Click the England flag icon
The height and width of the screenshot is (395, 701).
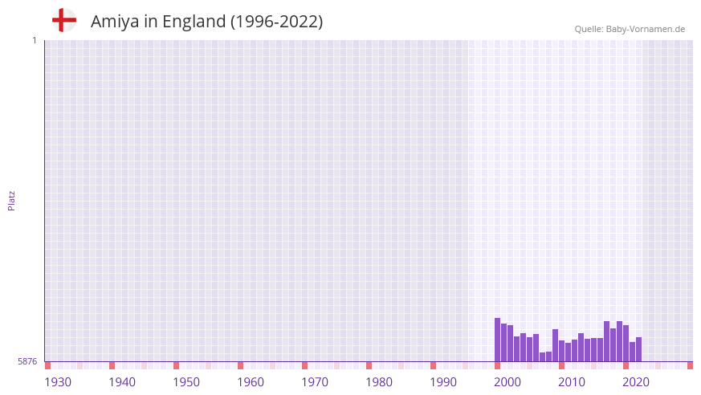(63, 21)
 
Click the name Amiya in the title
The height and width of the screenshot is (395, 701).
(114, 22)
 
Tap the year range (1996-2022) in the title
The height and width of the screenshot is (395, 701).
(276, 22)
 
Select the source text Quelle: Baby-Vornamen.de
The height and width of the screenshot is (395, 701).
(630, 29)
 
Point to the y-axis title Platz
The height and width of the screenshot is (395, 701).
(11, 200)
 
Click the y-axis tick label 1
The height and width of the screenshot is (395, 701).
(34, 40)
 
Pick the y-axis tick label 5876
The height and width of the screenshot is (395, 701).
(27, 362)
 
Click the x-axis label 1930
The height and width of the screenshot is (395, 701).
(58, 382)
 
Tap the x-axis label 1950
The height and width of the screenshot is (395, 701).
(186, 382)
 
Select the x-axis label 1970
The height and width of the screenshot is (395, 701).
(315, 382)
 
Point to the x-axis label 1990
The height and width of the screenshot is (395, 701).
(443, 382)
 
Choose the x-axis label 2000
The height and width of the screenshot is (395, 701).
(507, 382)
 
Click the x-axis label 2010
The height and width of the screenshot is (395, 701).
(572, 382)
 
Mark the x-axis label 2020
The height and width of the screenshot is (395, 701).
(636, 382)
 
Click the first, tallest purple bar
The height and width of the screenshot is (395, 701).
(497, 340)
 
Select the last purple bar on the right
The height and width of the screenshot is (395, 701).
(638, 349)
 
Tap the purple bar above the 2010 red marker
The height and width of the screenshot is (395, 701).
(561, 351)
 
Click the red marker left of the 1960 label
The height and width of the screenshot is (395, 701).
(240, 365)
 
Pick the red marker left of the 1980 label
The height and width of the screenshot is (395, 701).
(369, 365)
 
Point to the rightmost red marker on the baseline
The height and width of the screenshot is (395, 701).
(690, 365)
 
